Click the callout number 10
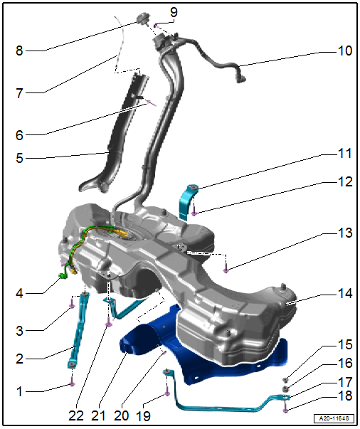pos(345,51)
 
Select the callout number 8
pos(19,51)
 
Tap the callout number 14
pos(345,294)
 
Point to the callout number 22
pos(76,416)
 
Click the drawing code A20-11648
pos(334,418)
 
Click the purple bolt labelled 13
pos(226,269)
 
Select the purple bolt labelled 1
pos(72,382)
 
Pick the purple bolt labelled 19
pos(167,392)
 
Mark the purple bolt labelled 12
pos(194,212)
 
